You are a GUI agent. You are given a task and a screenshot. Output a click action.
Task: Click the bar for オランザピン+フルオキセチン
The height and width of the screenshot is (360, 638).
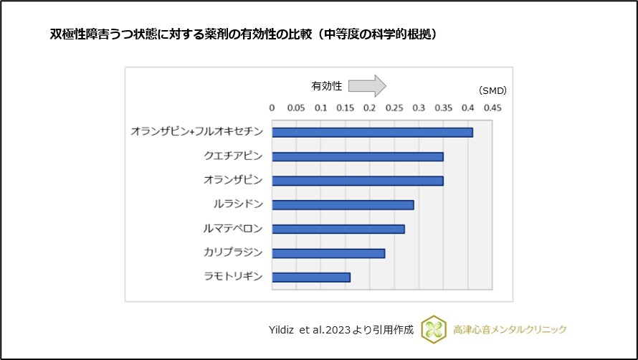tap(372, 132)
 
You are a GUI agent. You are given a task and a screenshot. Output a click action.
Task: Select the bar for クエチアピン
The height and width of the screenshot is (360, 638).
tap(357, 156)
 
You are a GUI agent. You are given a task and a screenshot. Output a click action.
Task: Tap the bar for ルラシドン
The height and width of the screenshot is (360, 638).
tap(343, 205)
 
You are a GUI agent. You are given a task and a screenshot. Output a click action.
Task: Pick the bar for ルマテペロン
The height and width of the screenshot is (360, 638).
tap(338, 229)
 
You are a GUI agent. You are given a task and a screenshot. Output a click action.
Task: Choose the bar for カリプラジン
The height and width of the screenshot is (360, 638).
tap(328, 253)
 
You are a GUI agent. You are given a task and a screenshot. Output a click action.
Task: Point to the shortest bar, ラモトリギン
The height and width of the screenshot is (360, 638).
tap(310, 278)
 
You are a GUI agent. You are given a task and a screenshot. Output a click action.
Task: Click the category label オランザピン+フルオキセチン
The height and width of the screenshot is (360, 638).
tap(196, 132)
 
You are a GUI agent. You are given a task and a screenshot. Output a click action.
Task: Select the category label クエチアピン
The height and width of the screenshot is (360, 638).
tap(233, 156)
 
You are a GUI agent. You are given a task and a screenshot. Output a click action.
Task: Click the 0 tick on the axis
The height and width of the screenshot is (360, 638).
tap(272, 108)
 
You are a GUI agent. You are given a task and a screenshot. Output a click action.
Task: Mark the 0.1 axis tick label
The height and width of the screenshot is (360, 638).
tap(320, 108)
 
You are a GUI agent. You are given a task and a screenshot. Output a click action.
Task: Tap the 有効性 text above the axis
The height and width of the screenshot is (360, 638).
tap(326, 86)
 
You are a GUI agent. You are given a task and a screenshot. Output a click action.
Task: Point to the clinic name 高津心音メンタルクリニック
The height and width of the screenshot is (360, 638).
tap(510, 330)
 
